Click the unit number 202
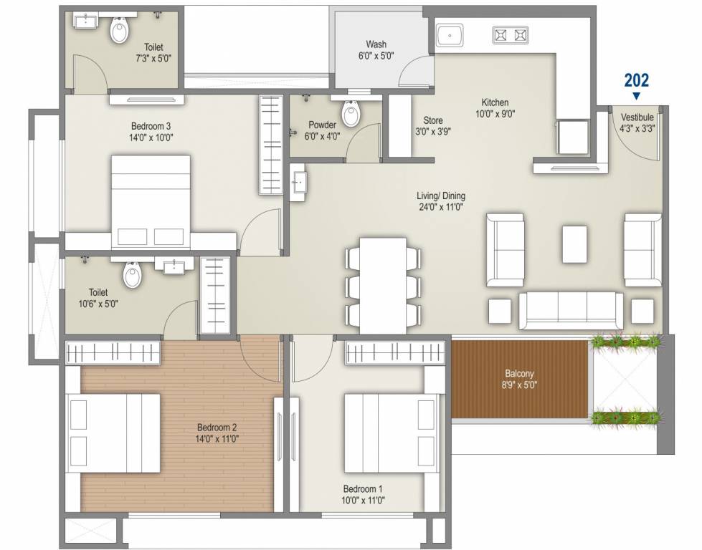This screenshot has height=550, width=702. tap(636, 80)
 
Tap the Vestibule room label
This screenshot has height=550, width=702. tap(637, 117)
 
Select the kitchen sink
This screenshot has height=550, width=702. tap(450, 35)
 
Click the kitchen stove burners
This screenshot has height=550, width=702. tap(511, 35)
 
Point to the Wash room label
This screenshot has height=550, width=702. tap(376, 44)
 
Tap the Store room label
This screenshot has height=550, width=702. tap(433, 120)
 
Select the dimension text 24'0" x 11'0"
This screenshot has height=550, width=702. tap(440, 207)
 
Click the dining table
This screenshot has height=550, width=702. tap(383, 285)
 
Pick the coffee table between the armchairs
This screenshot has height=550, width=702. tap(574, 244)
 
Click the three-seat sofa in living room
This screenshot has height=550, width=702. tap(571, 311)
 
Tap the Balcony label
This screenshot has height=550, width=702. tap(519, 373)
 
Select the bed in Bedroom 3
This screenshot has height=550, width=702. tap(151, 202)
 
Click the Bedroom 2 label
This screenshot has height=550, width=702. tap(217, 428)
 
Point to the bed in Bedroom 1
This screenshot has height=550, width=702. tap(391, 433)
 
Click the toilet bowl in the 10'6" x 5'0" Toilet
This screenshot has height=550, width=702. tap(132, 274)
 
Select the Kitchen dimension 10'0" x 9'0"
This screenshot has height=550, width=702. tap(495, 114)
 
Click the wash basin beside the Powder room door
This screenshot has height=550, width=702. tap(298, 183)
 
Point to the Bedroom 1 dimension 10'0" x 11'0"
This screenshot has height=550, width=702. tap(363, 501)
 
